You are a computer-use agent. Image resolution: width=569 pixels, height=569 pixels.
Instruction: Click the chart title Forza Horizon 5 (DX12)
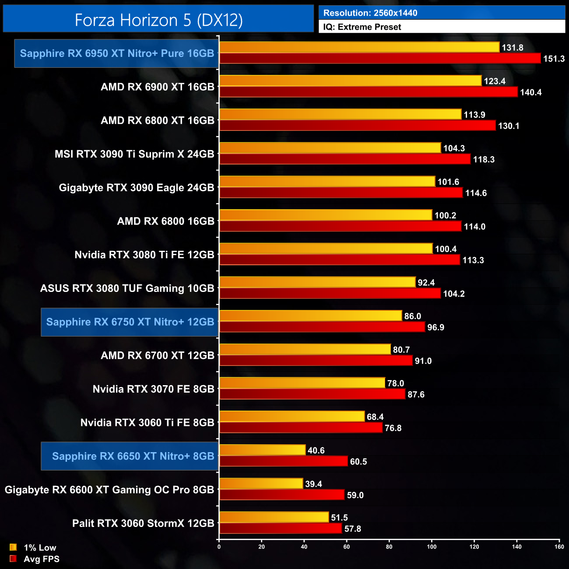158,20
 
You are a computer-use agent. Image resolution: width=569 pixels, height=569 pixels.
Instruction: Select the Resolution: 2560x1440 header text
370,13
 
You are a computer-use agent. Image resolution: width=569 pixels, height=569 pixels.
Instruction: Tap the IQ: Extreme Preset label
362,27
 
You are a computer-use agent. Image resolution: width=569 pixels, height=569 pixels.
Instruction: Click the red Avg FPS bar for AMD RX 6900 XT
368,92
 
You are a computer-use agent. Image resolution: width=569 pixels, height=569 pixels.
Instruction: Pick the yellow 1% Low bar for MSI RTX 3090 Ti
330,148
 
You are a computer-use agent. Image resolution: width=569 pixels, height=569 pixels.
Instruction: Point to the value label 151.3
554,59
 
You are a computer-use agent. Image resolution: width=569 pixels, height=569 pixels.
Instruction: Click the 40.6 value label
316,450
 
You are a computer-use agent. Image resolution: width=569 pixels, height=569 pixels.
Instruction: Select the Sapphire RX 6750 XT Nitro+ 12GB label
130,322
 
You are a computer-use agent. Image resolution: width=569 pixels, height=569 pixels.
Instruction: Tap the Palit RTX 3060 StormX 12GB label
143,523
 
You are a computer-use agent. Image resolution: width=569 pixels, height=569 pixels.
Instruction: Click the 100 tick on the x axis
432,547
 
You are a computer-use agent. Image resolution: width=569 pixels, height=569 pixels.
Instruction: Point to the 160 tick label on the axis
559,547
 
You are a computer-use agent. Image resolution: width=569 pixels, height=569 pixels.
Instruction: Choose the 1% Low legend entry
33,548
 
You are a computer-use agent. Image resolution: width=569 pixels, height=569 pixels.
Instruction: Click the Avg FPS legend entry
35,559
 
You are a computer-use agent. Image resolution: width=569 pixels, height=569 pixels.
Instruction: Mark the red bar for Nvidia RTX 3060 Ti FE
301,428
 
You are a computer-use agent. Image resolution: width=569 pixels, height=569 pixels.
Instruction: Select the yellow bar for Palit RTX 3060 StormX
274,517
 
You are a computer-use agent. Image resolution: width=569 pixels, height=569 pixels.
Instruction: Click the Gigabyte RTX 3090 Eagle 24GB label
137,188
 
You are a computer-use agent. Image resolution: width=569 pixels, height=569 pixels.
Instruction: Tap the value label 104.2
454,294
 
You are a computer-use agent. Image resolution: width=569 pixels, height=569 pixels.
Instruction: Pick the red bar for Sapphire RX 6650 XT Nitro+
284,461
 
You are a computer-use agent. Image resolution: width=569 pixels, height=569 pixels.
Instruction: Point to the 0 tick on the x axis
219,547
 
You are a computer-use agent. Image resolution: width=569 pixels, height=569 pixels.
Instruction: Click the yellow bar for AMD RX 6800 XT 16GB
340,114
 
